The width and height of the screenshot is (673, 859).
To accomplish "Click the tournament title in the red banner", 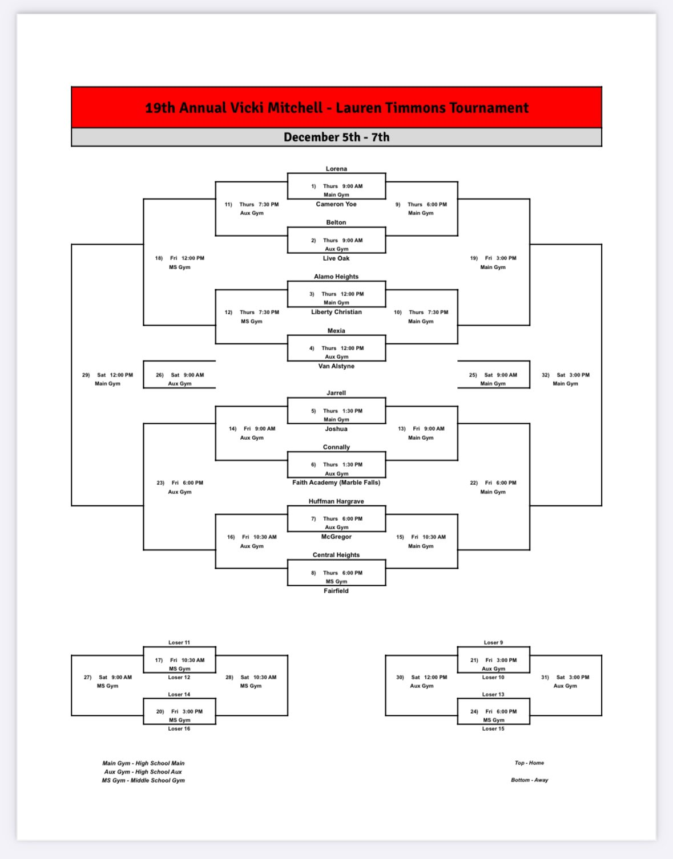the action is (337, 108).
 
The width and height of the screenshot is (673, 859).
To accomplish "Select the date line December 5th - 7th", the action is (337, 137).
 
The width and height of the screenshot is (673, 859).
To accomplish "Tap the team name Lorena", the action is (336, 169).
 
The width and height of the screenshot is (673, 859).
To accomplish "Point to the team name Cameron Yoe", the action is (336, 204).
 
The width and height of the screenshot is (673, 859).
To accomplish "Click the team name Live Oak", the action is (336, 258).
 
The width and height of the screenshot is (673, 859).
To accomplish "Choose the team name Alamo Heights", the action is (336, 277).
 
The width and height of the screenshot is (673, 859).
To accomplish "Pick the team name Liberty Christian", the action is (336, 313).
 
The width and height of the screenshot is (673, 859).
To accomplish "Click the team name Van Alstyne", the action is (336, 366).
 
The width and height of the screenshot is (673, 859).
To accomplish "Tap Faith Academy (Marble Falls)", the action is (336, 483).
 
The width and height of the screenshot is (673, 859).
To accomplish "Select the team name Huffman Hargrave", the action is (336, 501).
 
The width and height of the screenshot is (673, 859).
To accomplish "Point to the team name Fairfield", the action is (336, 591).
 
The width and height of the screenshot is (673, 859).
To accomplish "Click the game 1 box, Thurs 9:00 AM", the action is (337, 186).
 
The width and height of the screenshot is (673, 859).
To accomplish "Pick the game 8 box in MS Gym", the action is (337, 573).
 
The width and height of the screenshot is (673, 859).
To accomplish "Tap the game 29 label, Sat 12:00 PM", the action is (107, 379).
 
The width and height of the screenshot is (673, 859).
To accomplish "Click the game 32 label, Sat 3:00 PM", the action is (566, 379).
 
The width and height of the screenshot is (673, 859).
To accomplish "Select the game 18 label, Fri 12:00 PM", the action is (179, 262).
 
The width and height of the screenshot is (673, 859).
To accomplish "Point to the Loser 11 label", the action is (179, 642).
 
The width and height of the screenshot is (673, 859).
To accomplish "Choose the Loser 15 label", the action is (493, 728).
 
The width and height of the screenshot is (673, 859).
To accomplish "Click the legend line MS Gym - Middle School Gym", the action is (143, 780).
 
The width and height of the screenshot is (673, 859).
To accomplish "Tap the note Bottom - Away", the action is (530, 780).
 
